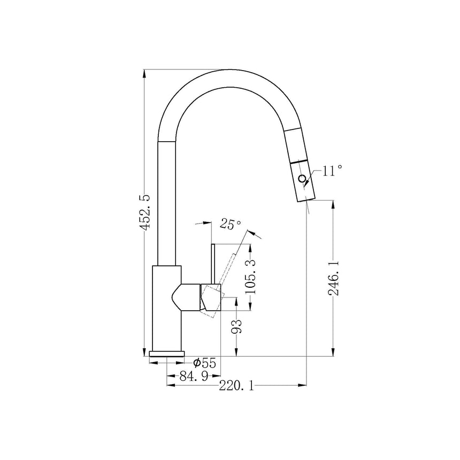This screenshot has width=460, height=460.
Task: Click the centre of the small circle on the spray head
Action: pos(302,178)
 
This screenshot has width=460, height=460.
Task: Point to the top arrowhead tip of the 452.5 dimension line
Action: pos(144,70)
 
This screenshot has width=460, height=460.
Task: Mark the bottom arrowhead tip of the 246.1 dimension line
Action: pos(333,356)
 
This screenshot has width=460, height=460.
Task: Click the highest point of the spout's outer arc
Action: pos(231,69)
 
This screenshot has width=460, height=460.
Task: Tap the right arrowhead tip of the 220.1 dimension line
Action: pos(306,385)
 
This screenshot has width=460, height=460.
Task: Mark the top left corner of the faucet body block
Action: pos(152,266)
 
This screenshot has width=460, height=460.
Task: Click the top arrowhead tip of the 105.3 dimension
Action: pos(250,244)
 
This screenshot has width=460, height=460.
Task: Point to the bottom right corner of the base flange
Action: pos(184,356)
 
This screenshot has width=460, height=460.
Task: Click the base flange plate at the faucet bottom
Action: pos(167,354)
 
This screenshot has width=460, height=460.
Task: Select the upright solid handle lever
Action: pos(213,264)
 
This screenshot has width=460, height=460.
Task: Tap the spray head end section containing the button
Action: pos(304,181)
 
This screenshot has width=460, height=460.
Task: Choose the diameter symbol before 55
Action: pos(196,363)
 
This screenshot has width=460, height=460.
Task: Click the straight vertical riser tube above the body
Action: pos(167,204)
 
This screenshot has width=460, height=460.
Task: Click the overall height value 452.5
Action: pos(145,211)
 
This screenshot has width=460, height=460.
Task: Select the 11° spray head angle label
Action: pos(332,171)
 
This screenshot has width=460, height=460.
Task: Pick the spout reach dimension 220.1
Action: pos(236,386)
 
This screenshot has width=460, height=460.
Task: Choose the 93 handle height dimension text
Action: pos(237,326)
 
